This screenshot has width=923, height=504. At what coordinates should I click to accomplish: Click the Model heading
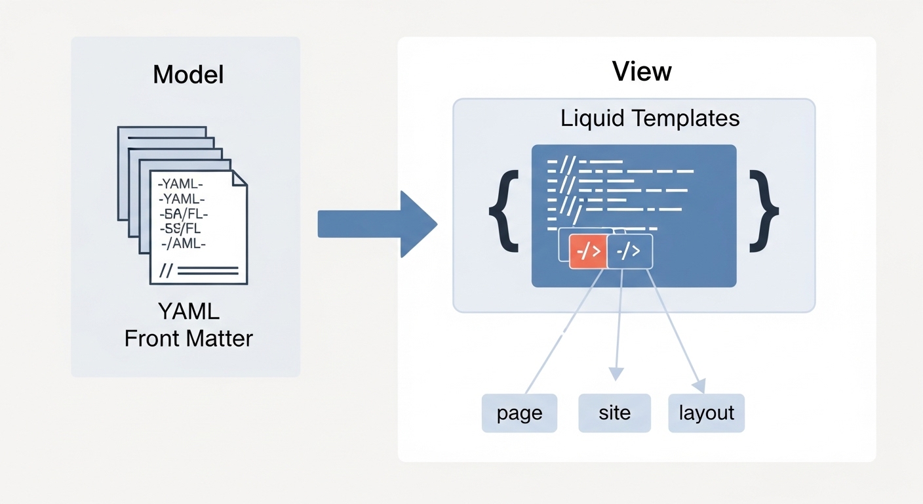click(x=188, y=75)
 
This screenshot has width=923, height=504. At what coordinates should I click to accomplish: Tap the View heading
click(x=642, y=72)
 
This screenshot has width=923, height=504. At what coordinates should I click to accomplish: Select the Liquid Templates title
click(x=650, y=119)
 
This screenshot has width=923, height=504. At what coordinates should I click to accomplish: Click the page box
click(x=519, y=413)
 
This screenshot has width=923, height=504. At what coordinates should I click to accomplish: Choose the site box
click(x=614, y=413)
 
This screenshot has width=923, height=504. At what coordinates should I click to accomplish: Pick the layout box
click(x=706, y=413)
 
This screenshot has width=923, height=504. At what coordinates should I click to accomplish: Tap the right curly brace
click(x=764, y=211)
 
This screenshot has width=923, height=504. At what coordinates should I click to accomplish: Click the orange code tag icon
click(x=588, y=251)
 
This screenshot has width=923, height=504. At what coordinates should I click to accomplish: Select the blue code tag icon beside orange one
click(x=630, y=251)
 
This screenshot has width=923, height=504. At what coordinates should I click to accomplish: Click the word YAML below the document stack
click(x=188, y=310)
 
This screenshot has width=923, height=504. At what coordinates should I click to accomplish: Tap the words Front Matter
click(x=188, y=339)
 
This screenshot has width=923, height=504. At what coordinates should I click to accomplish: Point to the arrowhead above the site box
click(x=615, y=374)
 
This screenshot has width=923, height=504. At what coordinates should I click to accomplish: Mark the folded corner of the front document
click(x=239, y=178)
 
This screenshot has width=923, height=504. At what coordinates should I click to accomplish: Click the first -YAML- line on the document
click(x=182, y=184)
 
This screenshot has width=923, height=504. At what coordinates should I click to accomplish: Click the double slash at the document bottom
click(x=167, y=270)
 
